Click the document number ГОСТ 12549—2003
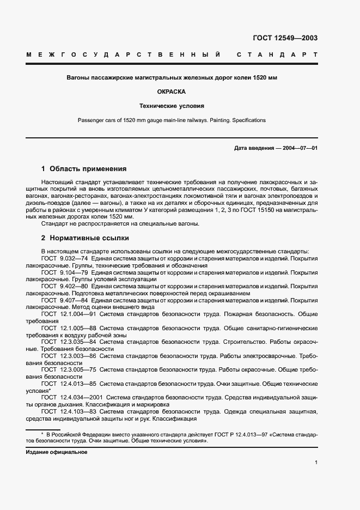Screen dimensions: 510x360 pyautogui.click(x=285, y=38)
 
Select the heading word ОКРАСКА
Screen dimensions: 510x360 pyautogui.click(x=172, y=92)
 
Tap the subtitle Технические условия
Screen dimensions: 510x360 pyautogui.click(x=172, y=106)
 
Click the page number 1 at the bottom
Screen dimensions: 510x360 pyautogui.click(x=316, y=463)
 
